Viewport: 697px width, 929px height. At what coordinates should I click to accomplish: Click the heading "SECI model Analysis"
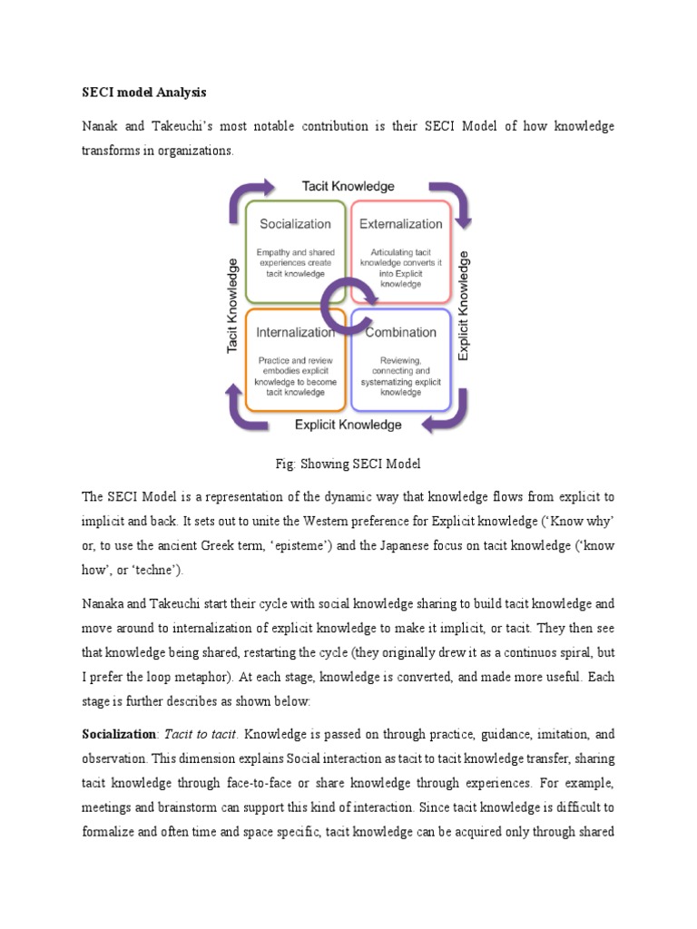[144, 93]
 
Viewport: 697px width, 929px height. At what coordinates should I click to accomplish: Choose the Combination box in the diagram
[401, 361]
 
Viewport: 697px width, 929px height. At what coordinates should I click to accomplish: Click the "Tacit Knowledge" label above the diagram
[348, 186]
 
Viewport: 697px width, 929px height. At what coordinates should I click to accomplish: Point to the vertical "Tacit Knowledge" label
[233, 306]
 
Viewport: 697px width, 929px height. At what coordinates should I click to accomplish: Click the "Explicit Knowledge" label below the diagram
[348, 424]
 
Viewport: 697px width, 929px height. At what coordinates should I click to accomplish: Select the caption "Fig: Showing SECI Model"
[348, 464]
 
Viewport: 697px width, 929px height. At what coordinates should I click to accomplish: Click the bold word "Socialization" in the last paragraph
[116, 732]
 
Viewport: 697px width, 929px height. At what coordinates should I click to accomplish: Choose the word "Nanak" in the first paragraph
[101, 126]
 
